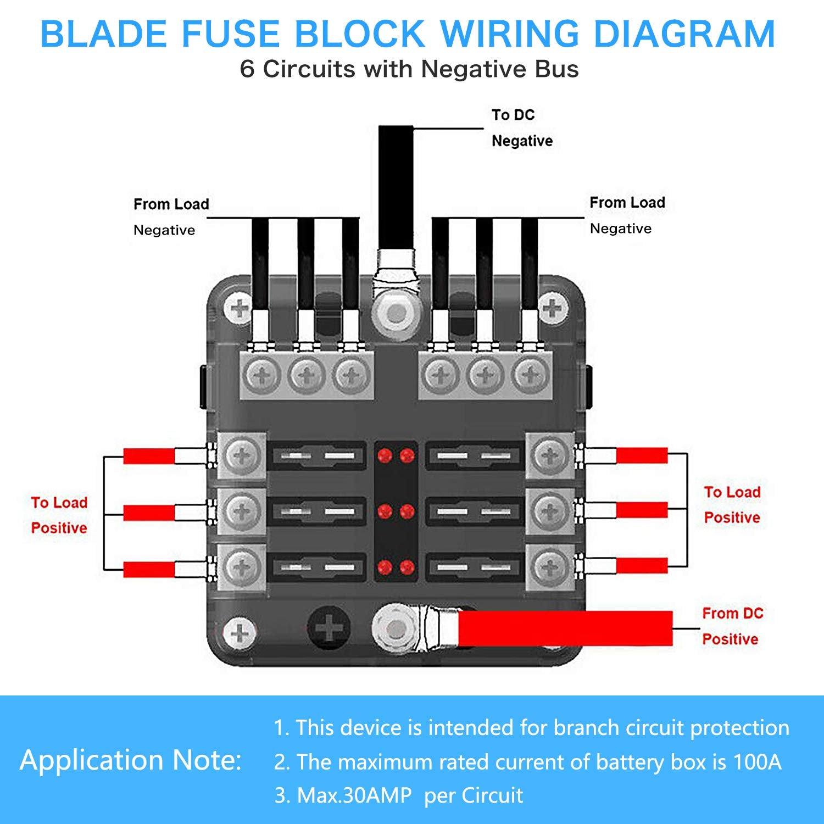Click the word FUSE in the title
tap(230, 34)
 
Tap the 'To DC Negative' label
tap(521, 128)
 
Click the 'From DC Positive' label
tap(732, 626)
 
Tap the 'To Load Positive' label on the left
tap(59, 515)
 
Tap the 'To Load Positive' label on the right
tap(732, 504)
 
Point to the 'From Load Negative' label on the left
tap(171, 216)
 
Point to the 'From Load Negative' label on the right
tap(627, 215)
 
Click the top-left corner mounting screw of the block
tap(240, 308)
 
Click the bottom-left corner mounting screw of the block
tap(240, 632)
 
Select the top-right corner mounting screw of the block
tap(552, 308)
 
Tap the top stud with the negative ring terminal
tap(396, 314)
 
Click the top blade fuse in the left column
tap(319, 455)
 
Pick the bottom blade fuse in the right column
tap(473, 567)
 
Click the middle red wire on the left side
tap(149, 513)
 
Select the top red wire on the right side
tap(641, 455)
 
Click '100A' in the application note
tap(758, 762)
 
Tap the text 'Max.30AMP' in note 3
tap(354, 795)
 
